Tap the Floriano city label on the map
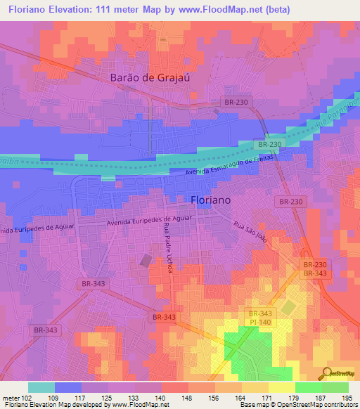pyautogui.click(x=211, y=200)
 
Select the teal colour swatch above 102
pyautogui.click(x=41, y=387)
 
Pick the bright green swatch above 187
pyautogui.click(x=308, y=387)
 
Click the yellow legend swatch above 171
pyautogui.click(x=255, y=387)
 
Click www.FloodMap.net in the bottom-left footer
pyautogui.click(x=136, y=405)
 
